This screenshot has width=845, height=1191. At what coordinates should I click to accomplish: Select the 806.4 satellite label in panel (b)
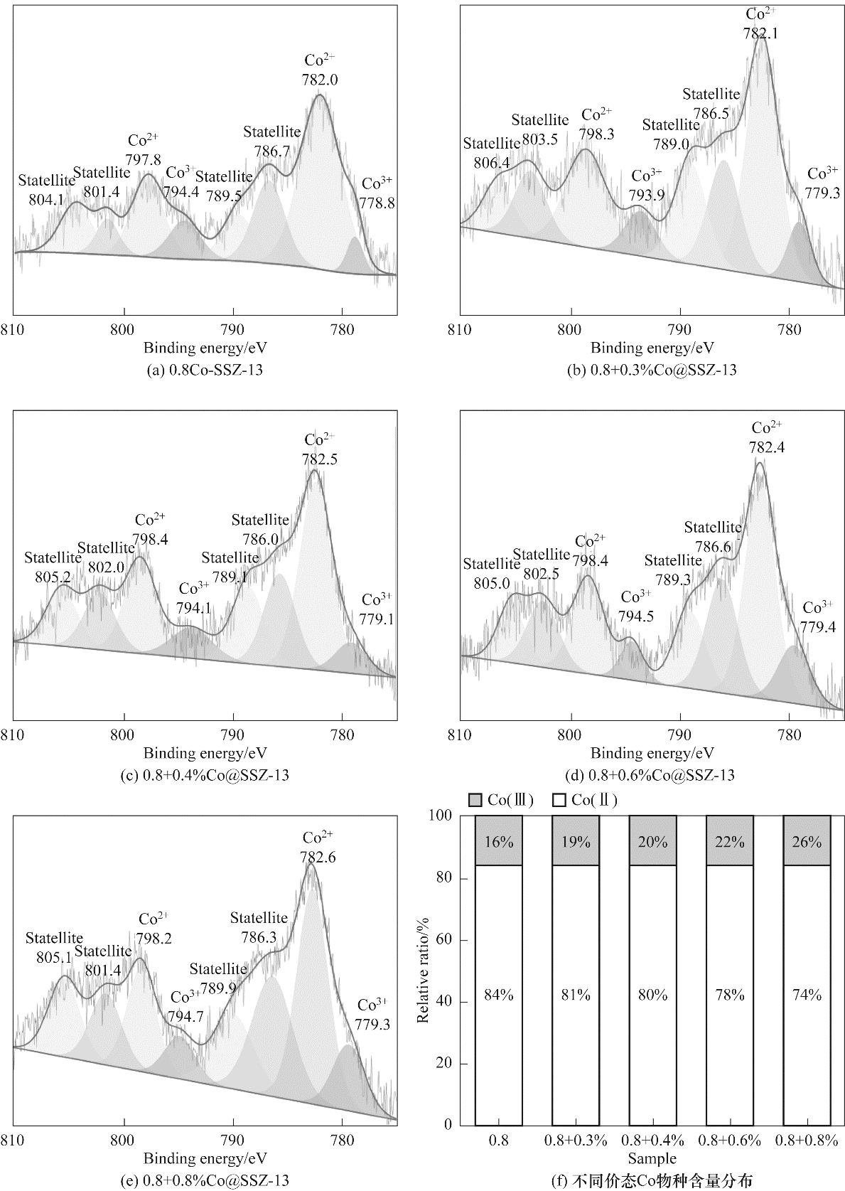(492, 163)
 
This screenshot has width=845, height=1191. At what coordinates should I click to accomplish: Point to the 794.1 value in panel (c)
(194, 608)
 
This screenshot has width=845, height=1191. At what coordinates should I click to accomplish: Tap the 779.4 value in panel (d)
(818, 626)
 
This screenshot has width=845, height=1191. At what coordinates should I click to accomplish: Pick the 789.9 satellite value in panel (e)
(217, 988)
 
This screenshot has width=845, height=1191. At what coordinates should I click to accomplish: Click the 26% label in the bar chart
(807, 842)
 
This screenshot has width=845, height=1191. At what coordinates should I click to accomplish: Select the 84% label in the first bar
(499, 995)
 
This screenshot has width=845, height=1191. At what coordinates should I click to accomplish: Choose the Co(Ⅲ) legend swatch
(475, 801)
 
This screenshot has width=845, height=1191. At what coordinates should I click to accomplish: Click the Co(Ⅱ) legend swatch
(559, 801)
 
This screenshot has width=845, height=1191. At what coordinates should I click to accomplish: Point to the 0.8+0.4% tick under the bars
(652, 1141)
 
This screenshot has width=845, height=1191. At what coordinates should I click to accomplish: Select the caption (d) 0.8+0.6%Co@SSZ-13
(652, 775)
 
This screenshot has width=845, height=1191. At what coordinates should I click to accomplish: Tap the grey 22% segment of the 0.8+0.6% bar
(730, 841)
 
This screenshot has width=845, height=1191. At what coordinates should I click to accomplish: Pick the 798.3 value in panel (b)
(596, 134)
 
